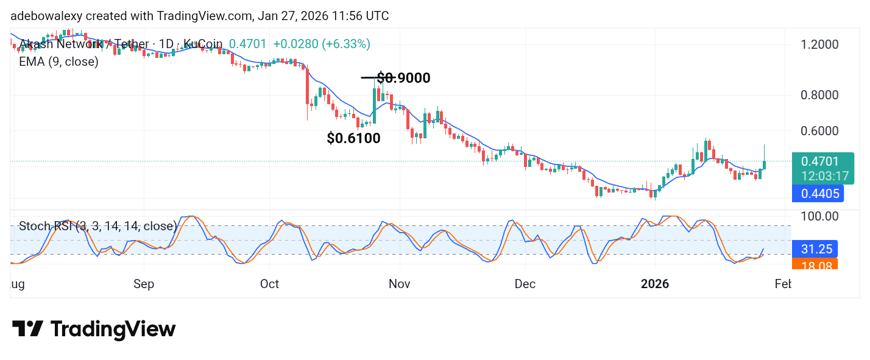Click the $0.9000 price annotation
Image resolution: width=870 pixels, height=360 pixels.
tap(403, 78)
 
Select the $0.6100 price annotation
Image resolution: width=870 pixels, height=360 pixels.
tap(353, 138)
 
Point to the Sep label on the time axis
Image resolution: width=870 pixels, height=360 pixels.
tap(144, 284)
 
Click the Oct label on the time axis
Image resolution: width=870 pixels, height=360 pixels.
tap(269, 284)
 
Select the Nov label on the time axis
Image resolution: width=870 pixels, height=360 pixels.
tap(400, 284)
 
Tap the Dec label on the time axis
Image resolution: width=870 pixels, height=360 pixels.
tap(525, 284)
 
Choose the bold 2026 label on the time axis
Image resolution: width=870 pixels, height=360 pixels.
tap(655, 284)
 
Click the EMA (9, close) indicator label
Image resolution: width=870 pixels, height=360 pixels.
tap(58, 62)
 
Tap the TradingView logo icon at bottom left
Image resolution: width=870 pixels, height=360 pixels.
tap(27, 330)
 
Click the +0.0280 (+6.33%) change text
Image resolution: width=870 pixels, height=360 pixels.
tap(322, 44)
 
